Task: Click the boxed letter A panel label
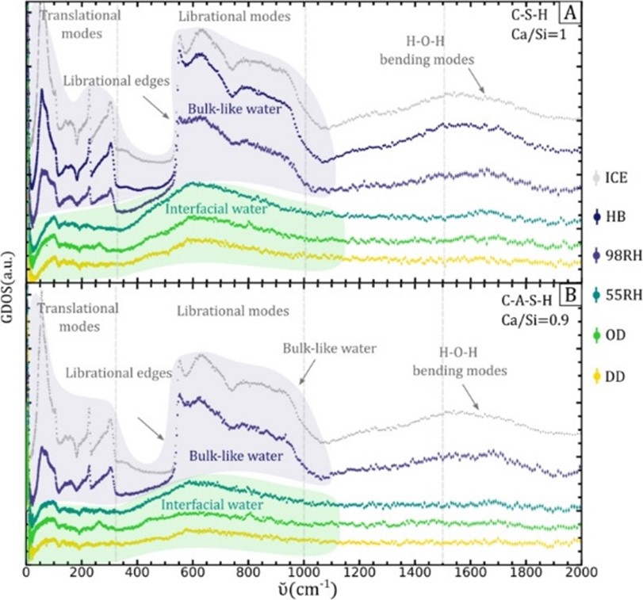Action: [x=568, y=13]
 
